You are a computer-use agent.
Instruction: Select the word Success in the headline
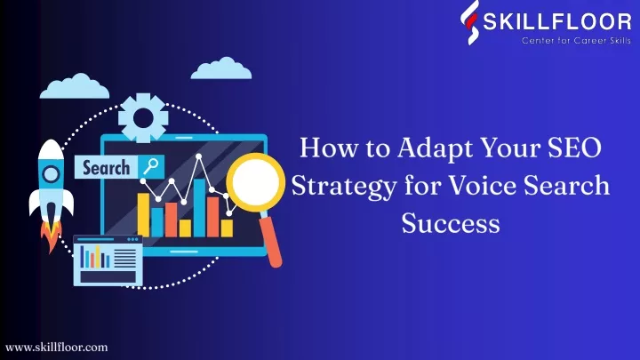click(x=451, y=223)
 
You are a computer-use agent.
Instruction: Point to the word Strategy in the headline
click(x=344, y=187)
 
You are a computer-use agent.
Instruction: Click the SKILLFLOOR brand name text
click(x=557, y=21)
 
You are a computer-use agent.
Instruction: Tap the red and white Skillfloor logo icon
click(x=470, y=22)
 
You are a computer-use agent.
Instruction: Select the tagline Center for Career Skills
click(x=576, y=40)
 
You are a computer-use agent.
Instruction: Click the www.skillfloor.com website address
click(x=57, y=348)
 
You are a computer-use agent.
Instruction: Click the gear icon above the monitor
click(x=143, y=118)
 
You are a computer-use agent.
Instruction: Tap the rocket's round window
click(x=51, y=174)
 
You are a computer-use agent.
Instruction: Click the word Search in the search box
click(x=106, y=167)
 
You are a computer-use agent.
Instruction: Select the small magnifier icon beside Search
click(x=150, y=167)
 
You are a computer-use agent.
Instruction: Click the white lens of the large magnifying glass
click(x=255, y=182)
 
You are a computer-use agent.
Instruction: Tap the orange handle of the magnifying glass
click(x=271, y=240)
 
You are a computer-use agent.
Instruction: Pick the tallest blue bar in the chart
click(x=199, y=208)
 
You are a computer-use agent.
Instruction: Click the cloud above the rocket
click(x=75, y=86)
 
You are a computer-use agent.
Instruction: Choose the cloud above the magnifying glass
click(x=221, y=68)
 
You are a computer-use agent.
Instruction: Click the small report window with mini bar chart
click(x=108, y=260)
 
